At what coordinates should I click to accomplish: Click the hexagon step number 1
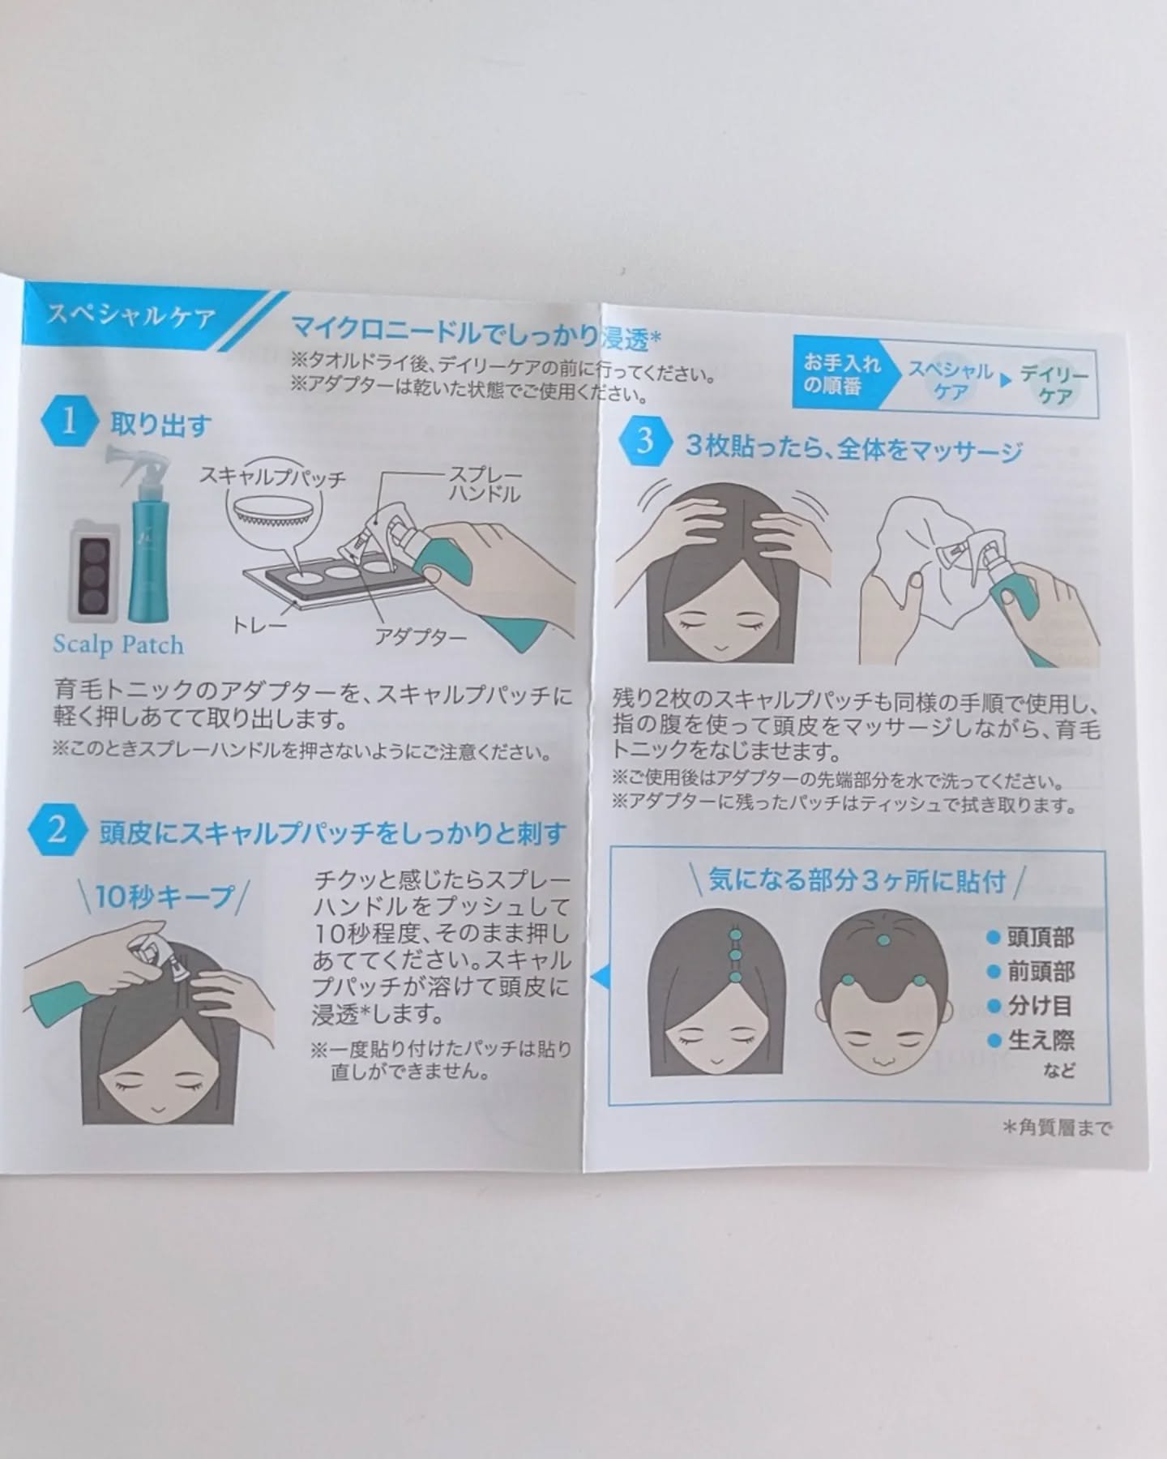69,421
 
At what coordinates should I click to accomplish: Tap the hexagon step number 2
57,831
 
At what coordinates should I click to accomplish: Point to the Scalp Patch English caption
118,644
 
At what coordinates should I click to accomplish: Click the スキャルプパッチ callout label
273,477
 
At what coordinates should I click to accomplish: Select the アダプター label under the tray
421,636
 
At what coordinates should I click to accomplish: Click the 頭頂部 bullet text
1041,938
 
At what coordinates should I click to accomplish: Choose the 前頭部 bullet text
1041,972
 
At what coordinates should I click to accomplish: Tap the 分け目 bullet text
1040,1006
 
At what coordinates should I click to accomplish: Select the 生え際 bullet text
1041,1040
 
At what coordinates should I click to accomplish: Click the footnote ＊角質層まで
1056,1127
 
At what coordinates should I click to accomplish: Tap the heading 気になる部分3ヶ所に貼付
857,880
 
